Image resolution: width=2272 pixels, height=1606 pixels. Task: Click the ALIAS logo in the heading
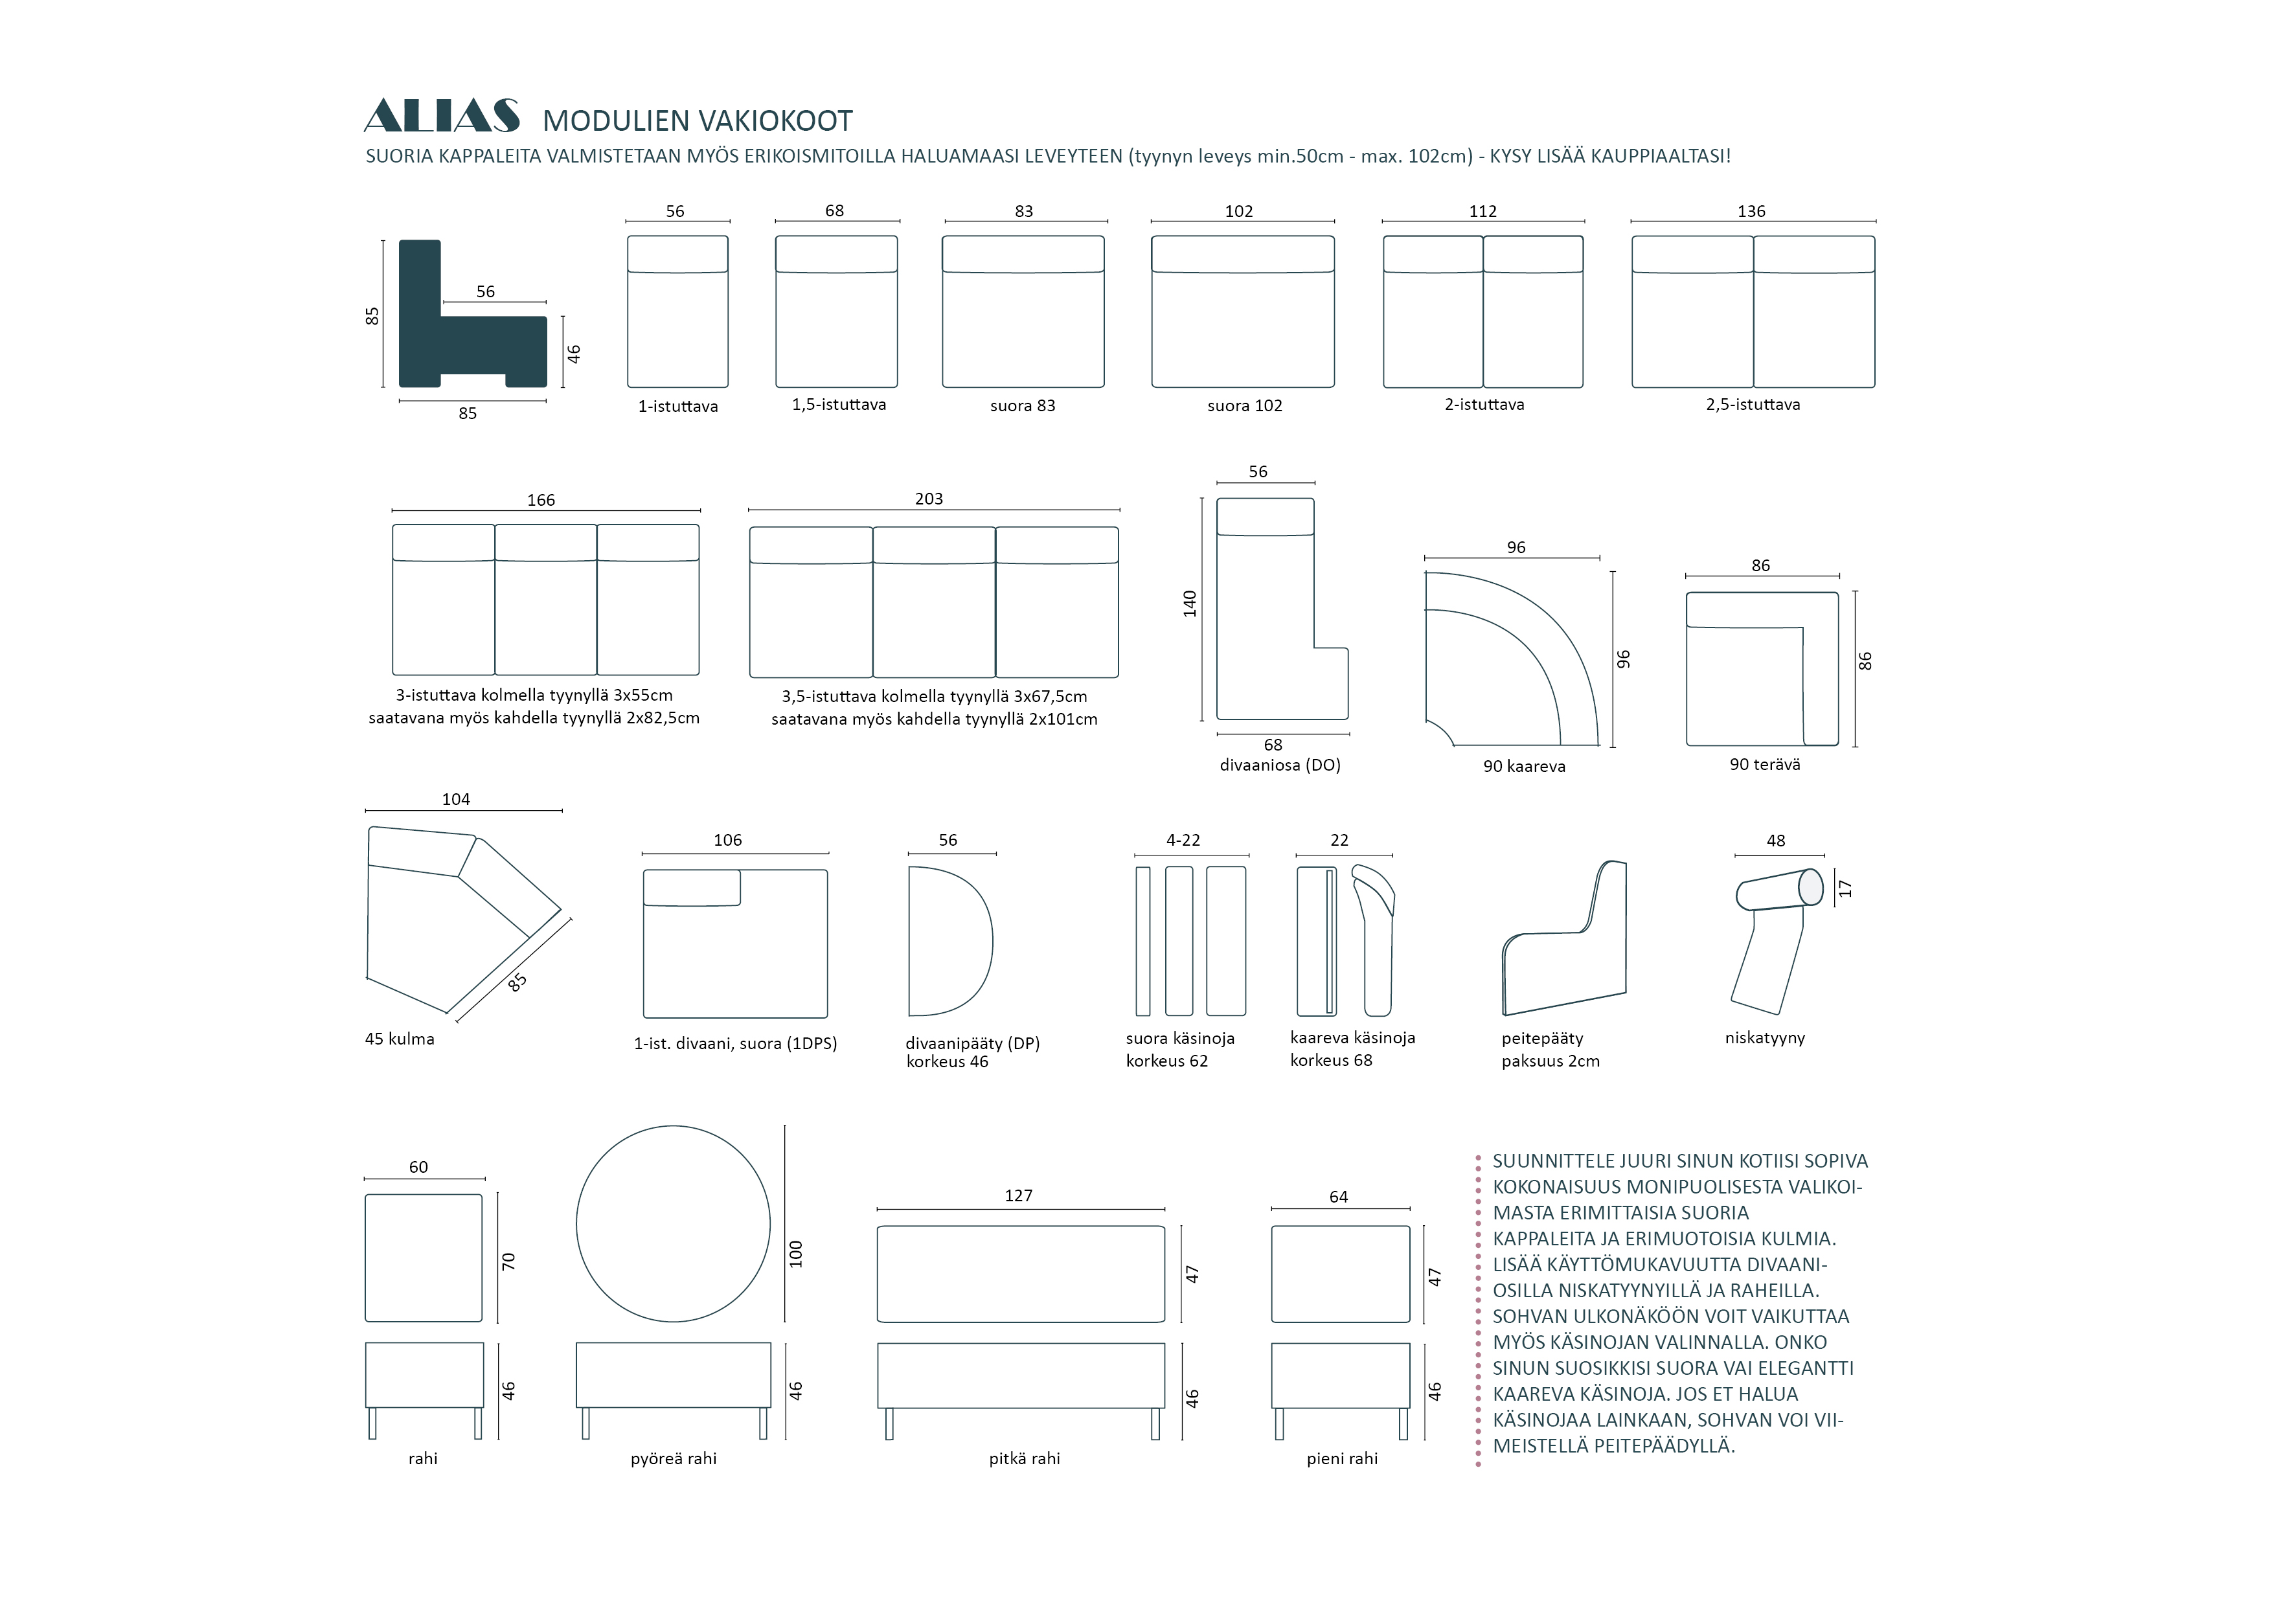pyautogui.click(x=441, y=116)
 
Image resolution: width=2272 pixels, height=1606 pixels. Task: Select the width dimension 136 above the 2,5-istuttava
pyautogui.click(x=1751, y=210)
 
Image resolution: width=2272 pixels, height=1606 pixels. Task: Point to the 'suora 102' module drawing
pyautogui.click(x=1243, y=311)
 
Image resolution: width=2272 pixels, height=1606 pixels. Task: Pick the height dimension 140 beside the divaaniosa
pyautogui.click(x=1190, y=604)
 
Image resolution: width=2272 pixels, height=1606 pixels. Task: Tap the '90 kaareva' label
pyautogui.click(x=1524, y=767)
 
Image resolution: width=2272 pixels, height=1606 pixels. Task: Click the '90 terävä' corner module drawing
pyautogui.click(x=1762, y=669)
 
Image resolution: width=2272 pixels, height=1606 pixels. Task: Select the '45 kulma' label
pyautogui.click(x=400, y=1039)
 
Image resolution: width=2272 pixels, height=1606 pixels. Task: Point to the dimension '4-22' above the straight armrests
pyautogui.click(x=1183, y=840)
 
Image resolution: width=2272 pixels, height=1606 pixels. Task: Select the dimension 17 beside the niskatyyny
pyautogui.click(x=1845, y=888)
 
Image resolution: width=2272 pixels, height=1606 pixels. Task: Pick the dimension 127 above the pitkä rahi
pyautogui.click(x=1018, y=1195)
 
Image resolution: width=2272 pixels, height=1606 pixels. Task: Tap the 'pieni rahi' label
pyautogui.click(x=1342, y=1458)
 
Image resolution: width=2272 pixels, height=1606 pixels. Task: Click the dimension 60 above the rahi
pyautogui.click(x=418, y=1168)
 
